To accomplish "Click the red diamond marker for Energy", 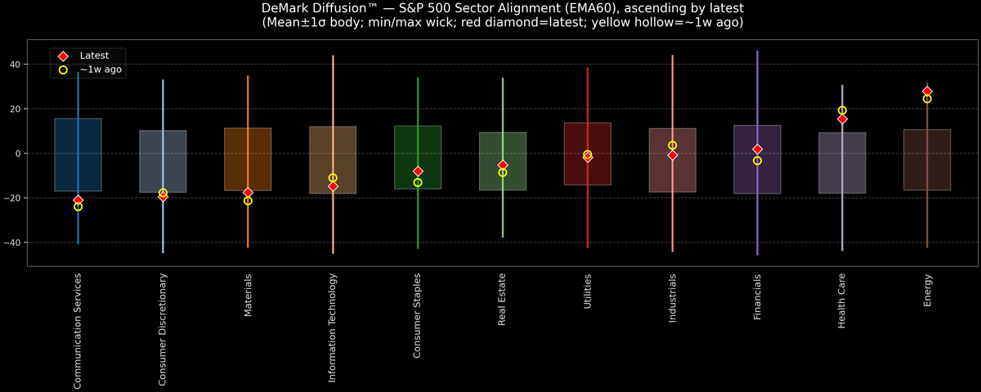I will [x=927, y=91].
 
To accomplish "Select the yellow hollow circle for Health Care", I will [x=842, y=110].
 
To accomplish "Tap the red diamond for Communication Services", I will [x=78, y=200].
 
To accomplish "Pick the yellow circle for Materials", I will [x=248, y=201].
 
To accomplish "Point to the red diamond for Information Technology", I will [x=333, y=186].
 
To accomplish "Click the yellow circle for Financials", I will [x=757, y=161].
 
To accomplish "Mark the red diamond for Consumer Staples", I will [x=418, y=171].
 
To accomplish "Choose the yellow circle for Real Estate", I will [x=503, y=172].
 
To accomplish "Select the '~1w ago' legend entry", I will [x=101, y=70].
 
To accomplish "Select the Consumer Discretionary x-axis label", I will [x=163, y=329].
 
